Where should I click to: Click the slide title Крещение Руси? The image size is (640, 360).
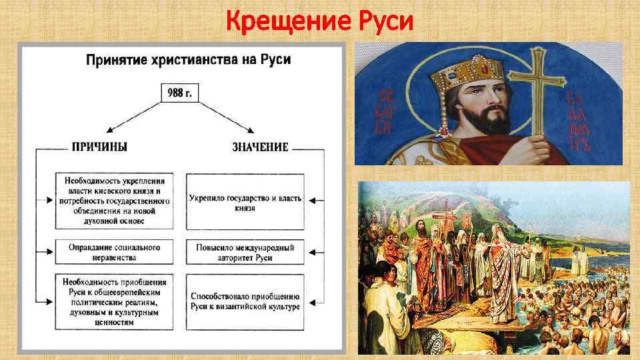point(319,21)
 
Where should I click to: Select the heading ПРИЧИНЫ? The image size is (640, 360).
point(99,147)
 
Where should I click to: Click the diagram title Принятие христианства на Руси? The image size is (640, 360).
point(189,60)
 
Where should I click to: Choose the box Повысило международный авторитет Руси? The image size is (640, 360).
point(245,252)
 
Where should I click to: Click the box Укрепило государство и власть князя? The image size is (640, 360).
point(245,203)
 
